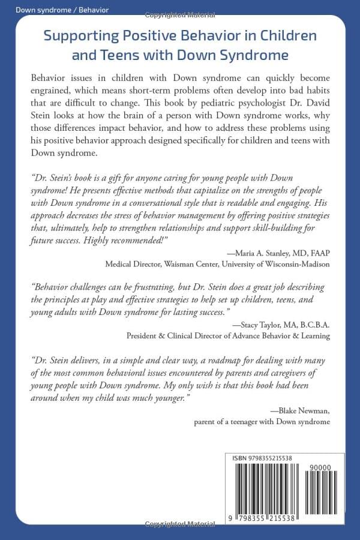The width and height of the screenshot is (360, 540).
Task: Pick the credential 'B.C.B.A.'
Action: (x=314, y=325)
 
